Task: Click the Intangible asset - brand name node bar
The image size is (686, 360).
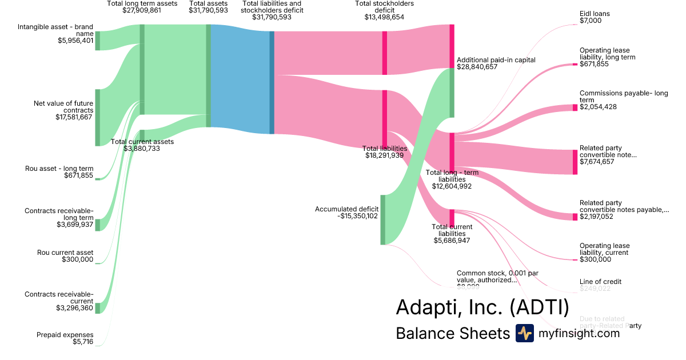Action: (x=97, y=41)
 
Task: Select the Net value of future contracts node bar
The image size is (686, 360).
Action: (x=97, y=117)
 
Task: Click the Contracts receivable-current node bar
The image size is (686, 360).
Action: (x=97, y=308)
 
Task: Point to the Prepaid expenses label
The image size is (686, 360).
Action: (x=65, y=335)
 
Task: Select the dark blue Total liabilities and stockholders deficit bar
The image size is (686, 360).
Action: (x=272, y=82)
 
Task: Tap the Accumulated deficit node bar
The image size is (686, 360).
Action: (x=382, y=220)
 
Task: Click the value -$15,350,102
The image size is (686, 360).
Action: (x=358, y=216)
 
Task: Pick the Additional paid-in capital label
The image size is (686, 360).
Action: (x=496, y=60)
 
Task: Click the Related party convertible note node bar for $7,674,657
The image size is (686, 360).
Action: (x=575, y=162)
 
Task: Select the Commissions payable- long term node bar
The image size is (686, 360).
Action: (x=575, y=107)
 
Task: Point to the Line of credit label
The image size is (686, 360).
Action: (x=600, y=282)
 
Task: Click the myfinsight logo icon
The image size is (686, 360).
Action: (x=524, y=333)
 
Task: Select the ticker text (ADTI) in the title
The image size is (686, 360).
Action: (x=539, y=308)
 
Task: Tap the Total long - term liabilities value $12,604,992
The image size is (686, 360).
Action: (x=452, y=186)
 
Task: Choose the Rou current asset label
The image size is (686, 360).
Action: (x=65, y=252)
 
